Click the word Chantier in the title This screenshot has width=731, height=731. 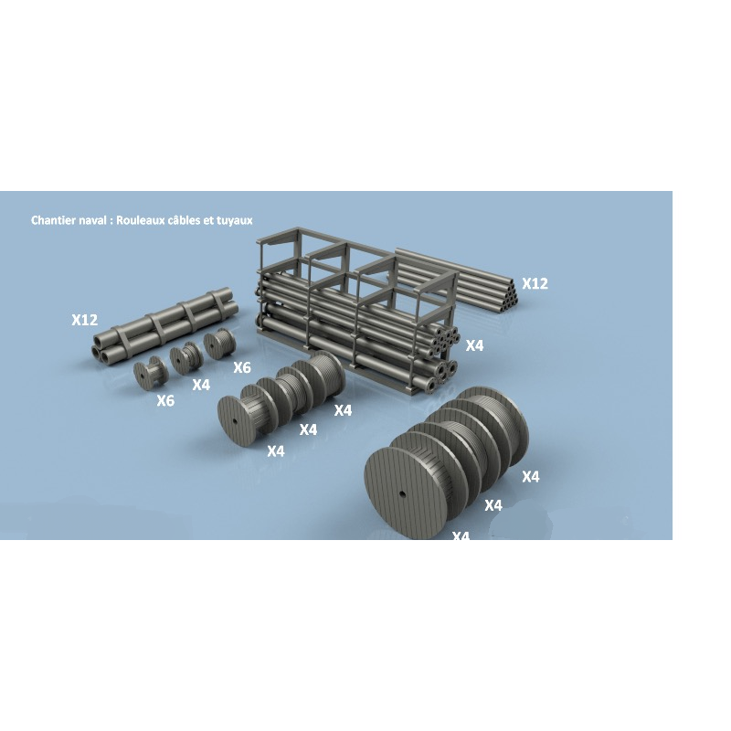click(x=53, y=220)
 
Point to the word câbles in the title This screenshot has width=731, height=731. click(x=189, y=220)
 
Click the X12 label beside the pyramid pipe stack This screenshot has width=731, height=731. click(x=535, y=283)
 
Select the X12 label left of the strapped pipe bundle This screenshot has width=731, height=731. click(x=85, y=320)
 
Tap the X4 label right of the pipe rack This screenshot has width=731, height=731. click(x=474, y=345)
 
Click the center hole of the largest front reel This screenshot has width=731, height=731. click(x=403, y=494)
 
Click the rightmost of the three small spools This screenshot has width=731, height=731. click(x=219, y=345)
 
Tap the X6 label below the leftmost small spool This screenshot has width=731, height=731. click(x=164, y=400)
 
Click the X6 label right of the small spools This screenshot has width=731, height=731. click(x=241, y=367)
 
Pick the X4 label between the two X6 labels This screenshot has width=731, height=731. click(x=201, y=385)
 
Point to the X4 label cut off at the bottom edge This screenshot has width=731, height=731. click(x=461, y=535)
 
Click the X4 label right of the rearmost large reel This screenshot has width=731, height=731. click(x=530, y=476)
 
